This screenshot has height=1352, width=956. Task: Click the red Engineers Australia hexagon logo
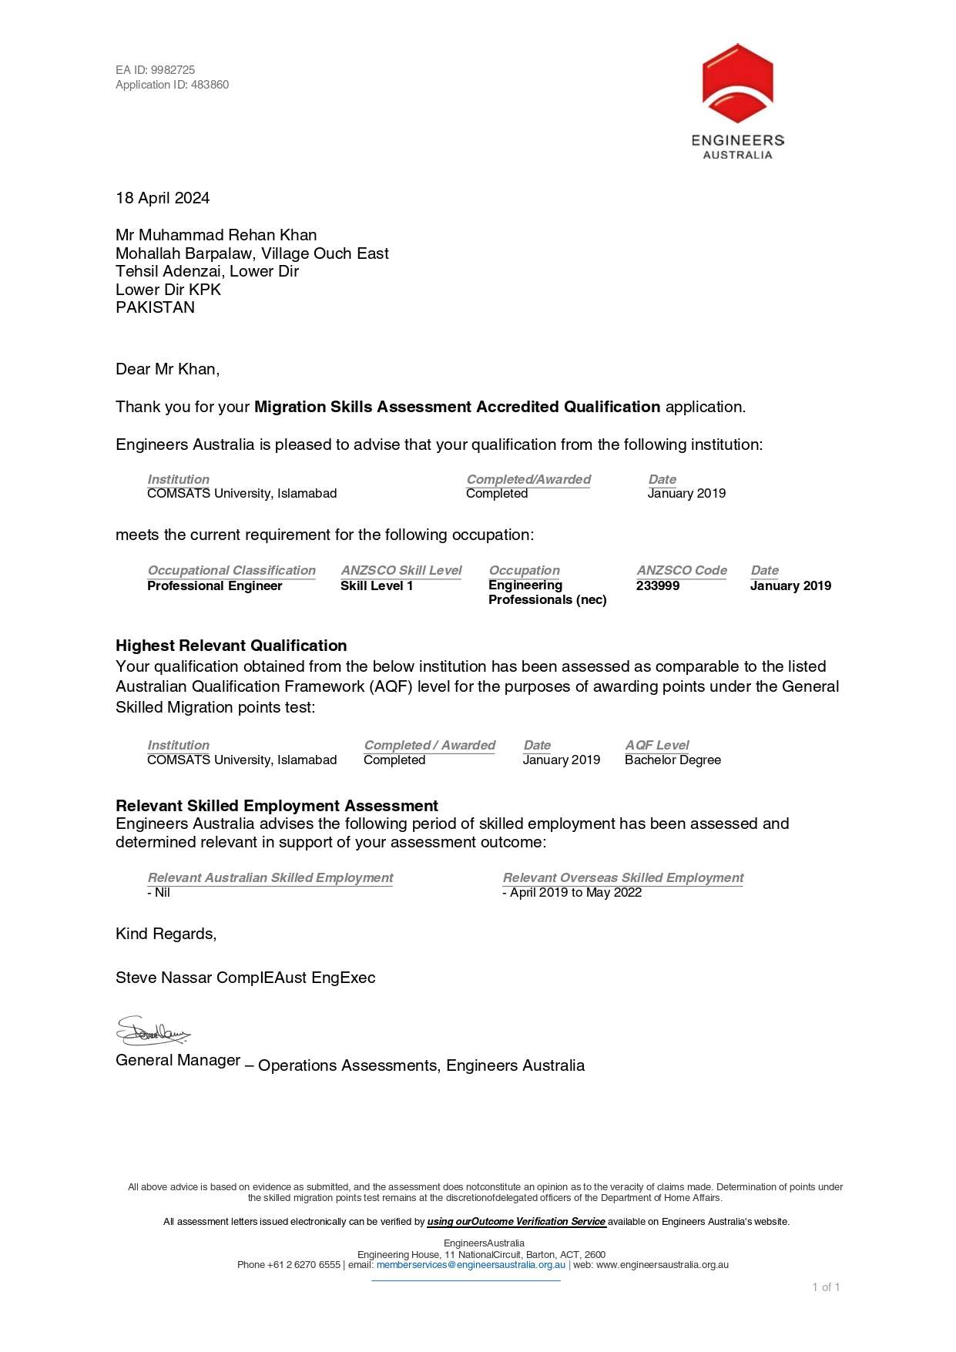[737, 83]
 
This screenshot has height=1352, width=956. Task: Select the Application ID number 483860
[210, 85]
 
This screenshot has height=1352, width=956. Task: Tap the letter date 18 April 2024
[163, 198]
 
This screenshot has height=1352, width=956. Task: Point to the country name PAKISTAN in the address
[155, 307]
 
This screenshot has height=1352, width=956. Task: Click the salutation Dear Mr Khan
[167, 369]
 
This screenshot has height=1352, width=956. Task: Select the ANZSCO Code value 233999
[658, 585]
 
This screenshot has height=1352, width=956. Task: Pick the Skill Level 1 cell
[377, 585]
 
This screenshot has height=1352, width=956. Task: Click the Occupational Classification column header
[231, 570]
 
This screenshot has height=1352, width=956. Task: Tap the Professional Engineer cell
[214, 585]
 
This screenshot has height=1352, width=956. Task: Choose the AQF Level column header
[657, 745]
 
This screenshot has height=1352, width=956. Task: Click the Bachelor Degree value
[673, 760]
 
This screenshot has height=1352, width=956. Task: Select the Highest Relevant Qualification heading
[231, 646]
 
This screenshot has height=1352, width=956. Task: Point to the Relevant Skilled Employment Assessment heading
[277, 806]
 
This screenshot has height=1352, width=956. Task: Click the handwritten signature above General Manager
[153, 1031]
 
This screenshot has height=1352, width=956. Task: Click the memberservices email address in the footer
[471, 1264]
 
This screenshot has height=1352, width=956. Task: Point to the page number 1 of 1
[826, 1287]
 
